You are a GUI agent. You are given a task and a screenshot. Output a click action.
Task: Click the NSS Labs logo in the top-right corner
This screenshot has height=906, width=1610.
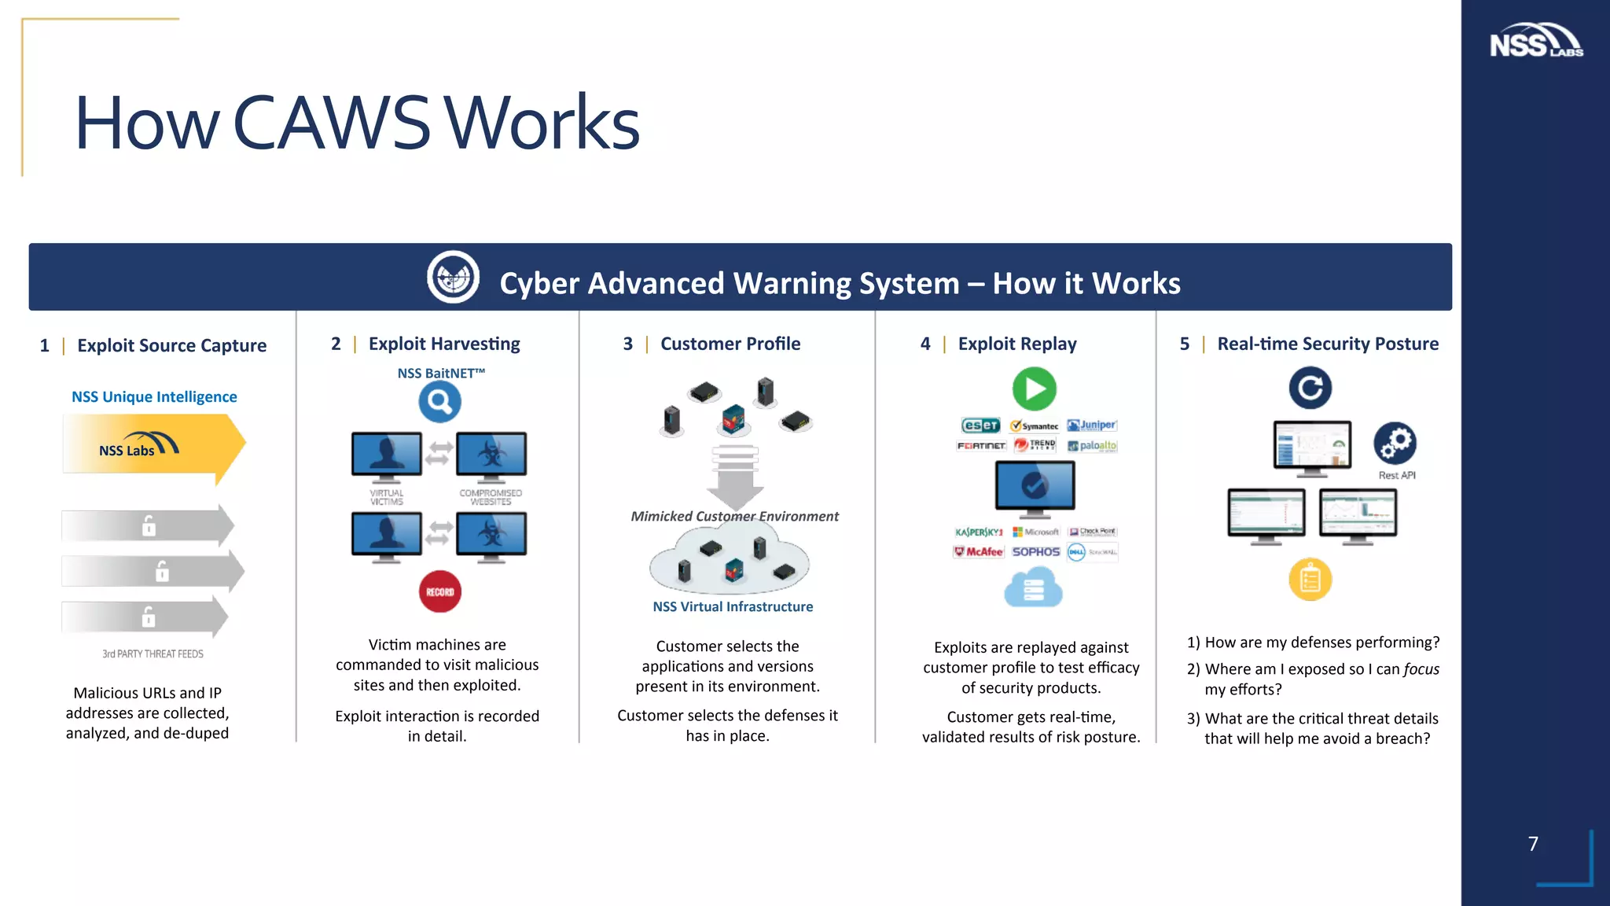[x=1535, y=41]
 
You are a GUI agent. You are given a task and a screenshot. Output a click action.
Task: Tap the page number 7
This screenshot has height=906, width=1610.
[x=1533, y=844]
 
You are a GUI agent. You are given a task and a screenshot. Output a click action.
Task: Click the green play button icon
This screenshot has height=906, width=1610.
[x=1034, y=389]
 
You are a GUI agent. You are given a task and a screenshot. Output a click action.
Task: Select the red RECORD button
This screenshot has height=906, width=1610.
[x=439, y=591]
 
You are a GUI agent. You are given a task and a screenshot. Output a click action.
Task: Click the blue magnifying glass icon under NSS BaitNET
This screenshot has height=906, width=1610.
[x=439, y=402]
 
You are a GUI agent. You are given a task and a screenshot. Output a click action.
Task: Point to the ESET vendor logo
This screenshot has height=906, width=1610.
[x=980, y=425]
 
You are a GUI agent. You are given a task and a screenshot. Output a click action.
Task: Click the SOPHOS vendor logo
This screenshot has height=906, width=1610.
[x=1035, y=552]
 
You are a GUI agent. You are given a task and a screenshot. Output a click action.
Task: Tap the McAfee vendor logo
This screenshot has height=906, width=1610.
[x=979, y=552]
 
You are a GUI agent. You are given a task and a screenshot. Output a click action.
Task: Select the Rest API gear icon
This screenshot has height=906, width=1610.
[x=1395, y=444]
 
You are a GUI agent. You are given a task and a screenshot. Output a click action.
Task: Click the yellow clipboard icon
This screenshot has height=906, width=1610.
[x=1310, y=580]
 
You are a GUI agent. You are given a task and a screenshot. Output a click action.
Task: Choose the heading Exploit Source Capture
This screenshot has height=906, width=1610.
[x=171, y=345]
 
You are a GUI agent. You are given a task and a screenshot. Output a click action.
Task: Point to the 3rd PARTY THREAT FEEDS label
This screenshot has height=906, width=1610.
[x=153, y=654]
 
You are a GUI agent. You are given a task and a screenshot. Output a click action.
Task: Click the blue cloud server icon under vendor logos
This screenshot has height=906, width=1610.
[x=1033, y=588]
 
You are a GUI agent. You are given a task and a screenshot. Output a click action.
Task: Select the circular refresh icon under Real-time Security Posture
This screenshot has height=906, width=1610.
[x=1310, y=388]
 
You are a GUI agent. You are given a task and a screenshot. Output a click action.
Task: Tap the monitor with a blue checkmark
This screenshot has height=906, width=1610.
[x=1034, y=487]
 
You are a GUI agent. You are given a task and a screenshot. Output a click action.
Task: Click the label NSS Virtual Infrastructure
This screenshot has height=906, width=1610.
[x=733, y=606]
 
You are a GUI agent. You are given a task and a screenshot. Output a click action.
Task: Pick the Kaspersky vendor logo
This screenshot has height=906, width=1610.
[x=979, y=532]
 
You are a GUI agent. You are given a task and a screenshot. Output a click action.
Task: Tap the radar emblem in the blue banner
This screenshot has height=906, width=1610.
[x=454, y=277]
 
